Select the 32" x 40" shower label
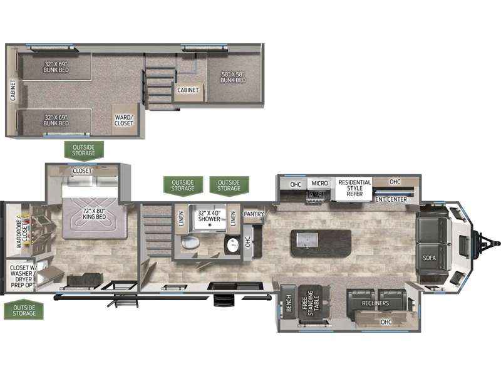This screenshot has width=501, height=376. (209, 216)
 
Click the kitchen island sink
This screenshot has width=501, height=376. (307, 240)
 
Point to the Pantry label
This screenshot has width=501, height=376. (254, 214)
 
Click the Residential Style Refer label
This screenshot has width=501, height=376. (354, 188)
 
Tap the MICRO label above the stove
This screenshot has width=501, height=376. (319, 183)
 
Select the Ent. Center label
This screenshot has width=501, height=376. (391, 199)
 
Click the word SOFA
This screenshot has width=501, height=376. (429, 258)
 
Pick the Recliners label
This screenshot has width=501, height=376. (375, 303)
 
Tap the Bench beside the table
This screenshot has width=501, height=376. (289, 303)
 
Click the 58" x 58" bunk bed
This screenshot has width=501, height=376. (233, 77)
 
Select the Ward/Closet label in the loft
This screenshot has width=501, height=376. (123, 120)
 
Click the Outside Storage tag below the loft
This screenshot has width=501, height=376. (84, 150)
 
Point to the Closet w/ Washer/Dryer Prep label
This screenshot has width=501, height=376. (23, 276)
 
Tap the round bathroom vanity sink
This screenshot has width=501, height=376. (232, 246)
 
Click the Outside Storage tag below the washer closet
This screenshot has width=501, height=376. (24, 310)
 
